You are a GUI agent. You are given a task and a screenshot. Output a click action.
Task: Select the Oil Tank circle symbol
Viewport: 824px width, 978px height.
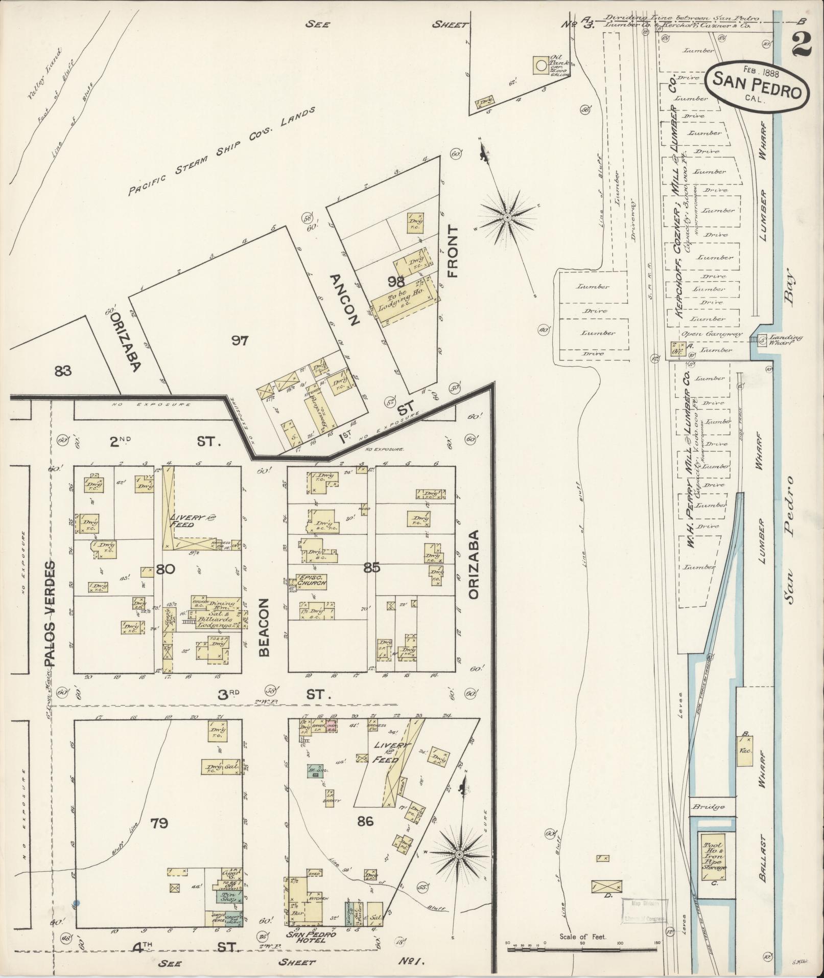coord(540,65)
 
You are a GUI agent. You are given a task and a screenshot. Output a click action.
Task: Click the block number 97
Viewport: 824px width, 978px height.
coord(240,340)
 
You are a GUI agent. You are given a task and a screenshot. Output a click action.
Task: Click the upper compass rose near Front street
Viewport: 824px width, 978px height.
coord(507,218)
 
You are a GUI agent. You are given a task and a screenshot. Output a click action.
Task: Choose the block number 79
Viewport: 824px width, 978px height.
coord(159,823)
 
